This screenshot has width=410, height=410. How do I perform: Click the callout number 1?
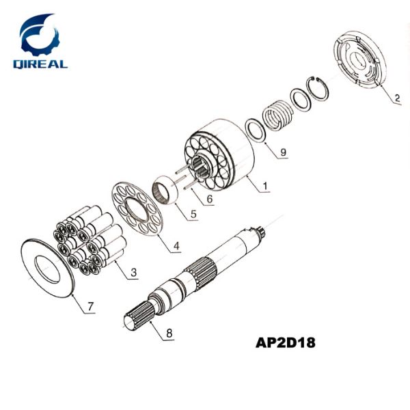[x=266, y=185]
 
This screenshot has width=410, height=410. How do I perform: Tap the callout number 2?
[x=396, y=98]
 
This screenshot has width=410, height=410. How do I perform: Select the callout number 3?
[x=134, y=273]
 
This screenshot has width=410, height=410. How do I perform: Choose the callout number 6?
[x=209, y=199]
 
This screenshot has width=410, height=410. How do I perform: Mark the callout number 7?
[x=91, y=307]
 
